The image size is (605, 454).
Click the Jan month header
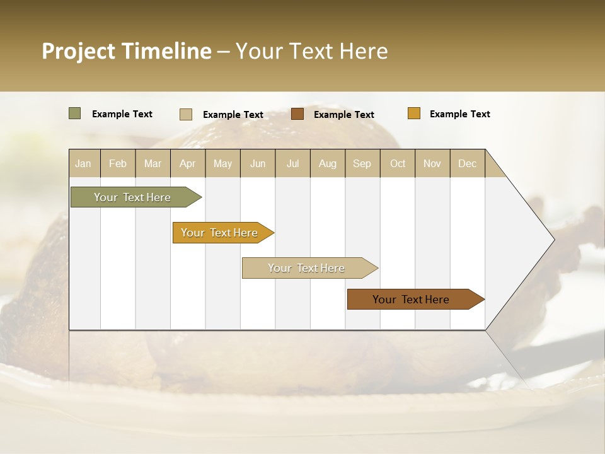(83, 163)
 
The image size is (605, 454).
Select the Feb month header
(118, 163)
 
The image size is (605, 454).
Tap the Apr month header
(187, 163)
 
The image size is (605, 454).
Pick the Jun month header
(258, 163)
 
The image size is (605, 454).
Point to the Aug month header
(327, 163)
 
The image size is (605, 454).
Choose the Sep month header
(362, 163)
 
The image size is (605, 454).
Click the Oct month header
(398, 163)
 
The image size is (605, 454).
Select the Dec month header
(467, 163)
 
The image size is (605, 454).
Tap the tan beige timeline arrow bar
(307, 268)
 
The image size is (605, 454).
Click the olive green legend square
(74, 113)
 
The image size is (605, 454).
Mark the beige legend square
(186, 114)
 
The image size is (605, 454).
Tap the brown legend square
(297, 113)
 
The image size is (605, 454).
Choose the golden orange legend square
(413, 113)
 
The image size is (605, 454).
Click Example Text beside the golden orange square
(459, 114)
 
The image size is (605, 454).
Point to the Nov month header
(432, 163)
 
